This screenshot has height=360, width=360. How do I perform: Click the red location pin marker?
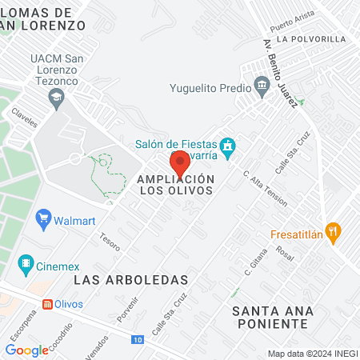[x=180, y=162]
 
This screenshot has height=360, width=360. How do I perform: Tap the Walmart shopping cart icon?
[x=44, y=218]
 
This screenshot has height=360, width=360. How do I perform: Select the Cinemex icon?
[x=27, y=263]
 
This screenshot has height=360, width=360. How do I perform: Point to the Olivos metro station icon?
[x=48, y=304]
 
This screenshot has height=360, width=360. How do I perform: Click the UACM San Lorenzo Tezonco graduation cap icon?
[x=55, y=99]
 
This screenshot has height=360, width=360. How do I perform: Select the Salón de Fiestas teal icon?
[x=228, y=146]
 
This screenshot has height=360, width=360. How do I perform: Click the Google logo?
[x=26, y=350]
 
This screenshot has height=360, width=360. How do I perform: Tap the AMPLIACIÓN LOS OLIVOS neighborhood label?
[x=176, y=185]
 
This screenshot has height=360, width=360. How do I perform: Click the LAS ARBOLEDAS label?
[x=130, y=280]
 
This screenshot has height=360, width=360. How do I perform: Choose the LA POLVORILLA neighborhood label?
[x=311, y=38]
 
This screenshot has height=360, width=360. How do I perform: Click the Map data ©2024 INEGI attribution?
[x=311, y=353]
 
